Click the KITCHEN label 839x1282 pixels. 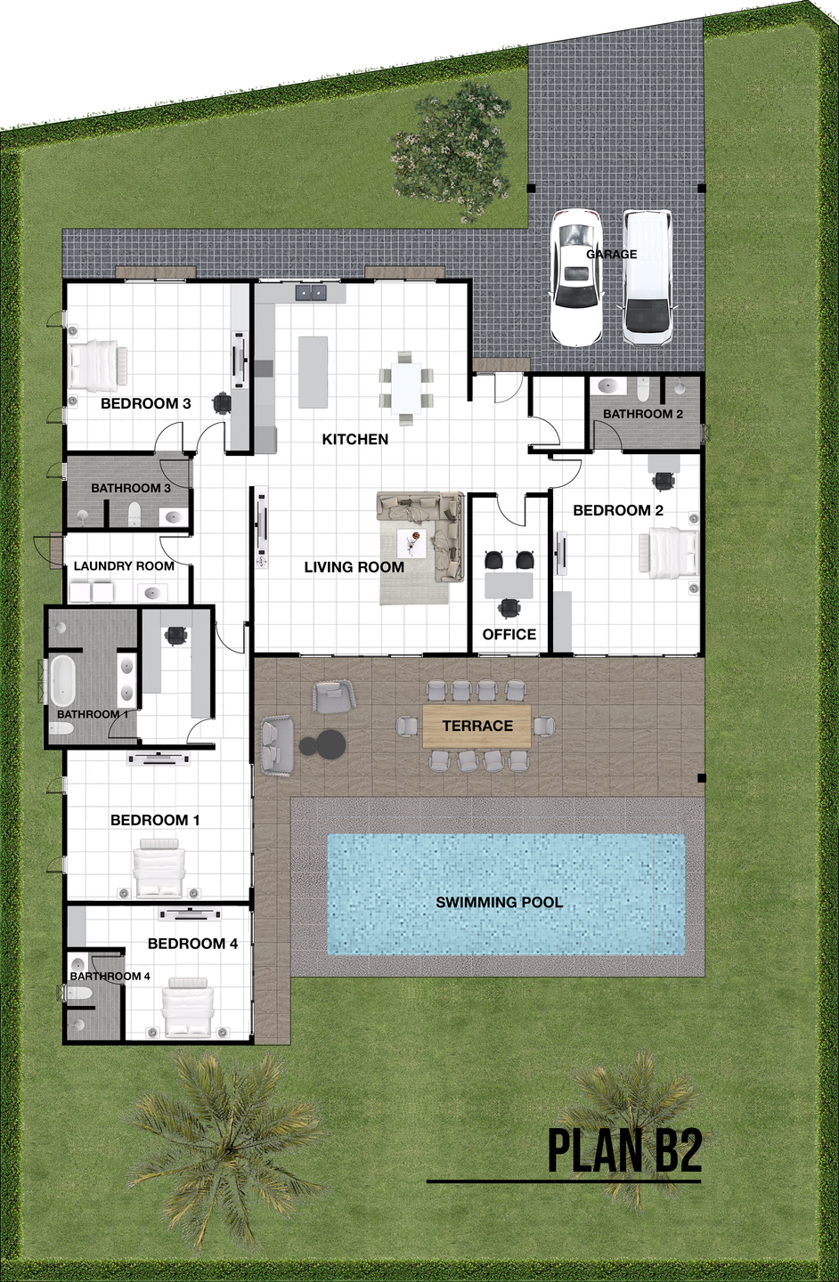click(355, 439)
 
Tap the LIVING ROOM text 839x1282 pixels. click(354, 567)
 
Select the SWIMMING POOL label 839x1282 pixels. click(500, 902)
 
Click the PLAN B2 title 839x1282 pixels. click(625, 1179)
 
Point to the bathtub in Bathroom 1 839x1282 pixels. click(61, 680)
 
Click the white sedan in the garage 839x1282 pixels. click(577, 278)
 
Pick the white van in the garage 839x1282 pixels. click(648, 278)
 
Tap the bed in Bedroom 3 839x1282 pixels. click(97, 366)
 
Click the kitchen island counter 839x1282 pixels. click(313, 372)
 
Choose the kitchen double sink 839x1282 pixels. click(311, 293)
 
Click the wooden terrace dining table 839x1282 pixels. click(477, 726)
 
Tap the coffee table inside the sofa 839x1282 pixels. click(411, 542)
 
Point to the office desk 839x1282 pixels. click(509, 585)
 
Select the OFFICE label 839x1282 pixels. click(509, 634)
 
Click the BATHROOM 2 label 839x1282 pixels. click(642, 414)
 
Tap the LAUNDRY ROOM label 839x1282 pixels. click(124, 566)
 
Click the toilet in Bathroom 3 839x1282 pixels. click(134, 514)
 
